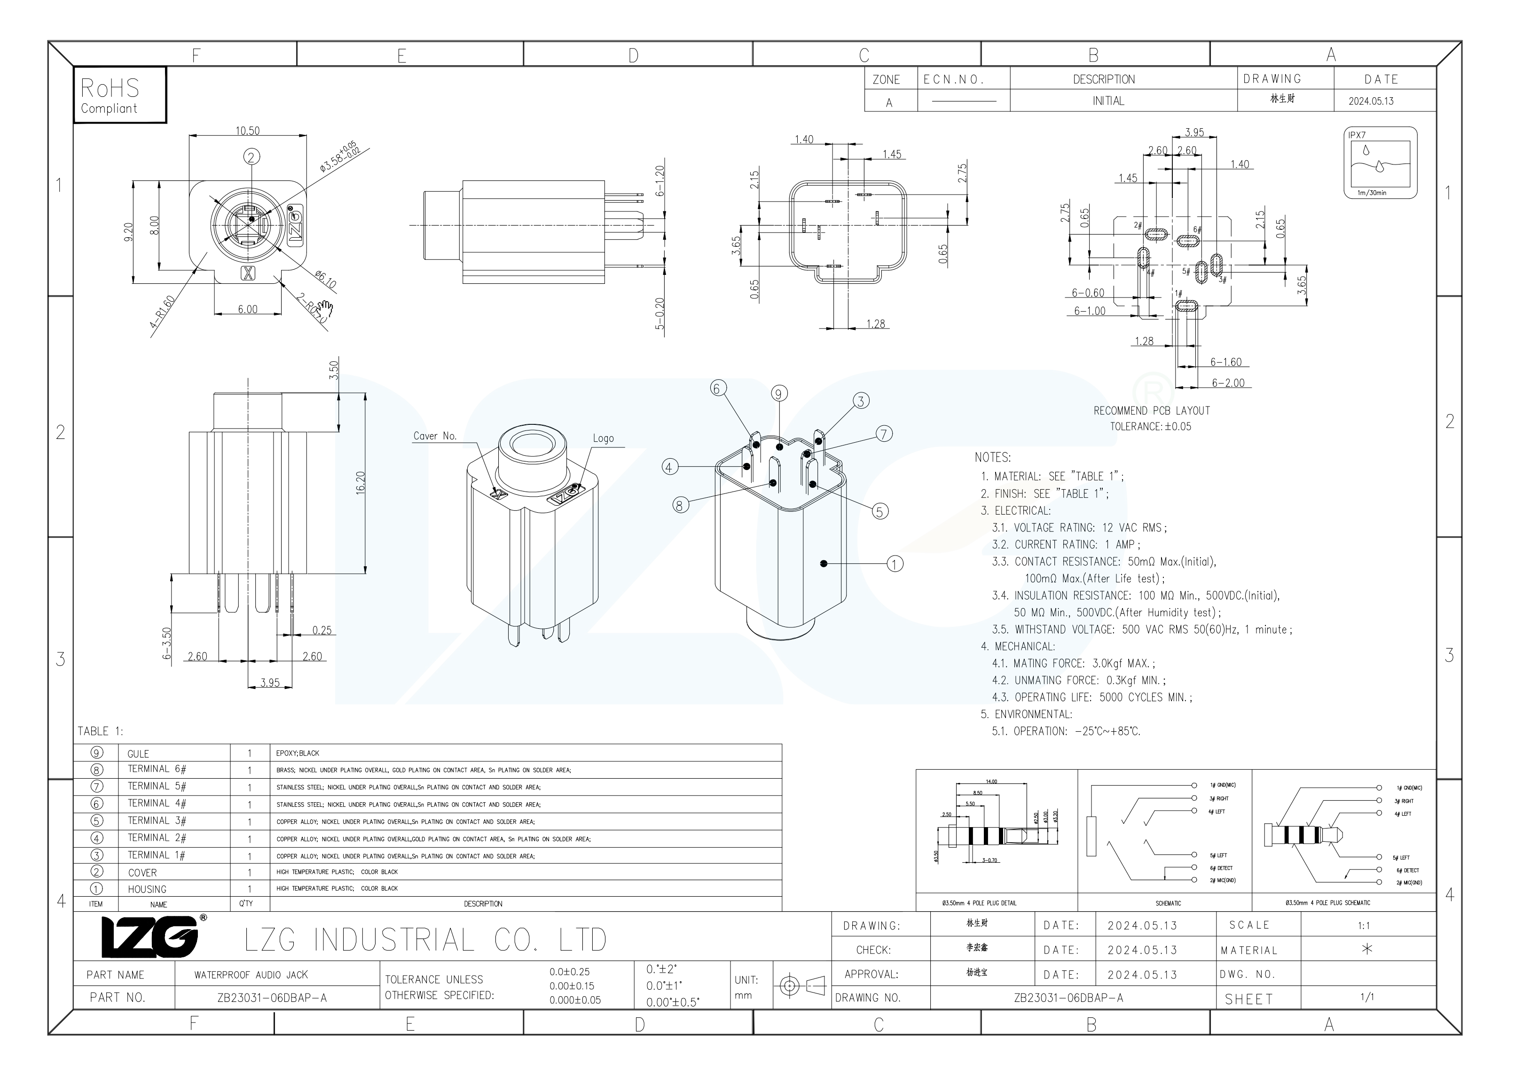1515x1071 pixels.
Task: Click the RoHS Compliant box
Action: click(x=119, y=95)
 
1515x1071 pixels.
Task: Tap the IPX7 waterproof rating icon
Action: click(x=1381, y=162)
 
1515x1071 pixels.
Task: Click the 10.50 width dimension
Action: click(x=247, y=131)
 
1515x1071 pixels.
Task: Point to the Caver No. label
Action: click(x=434, y=436)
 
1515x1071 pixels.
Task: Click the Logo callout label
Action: click(x=603, y=438)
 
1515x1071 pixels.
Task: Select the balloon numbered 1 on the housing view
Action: click(x=895, y=564)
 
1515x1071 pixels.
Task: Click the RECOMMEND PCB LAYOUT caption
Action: click(x=1152, y=411)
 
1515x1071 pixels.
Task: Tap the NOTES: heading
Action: click(x=992, y=458)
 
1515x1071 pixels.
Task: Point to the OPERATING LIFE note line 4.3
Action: click(x=1091, y=697)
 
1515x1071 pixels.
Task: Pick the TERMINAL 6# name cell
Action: click(x=157, y=769)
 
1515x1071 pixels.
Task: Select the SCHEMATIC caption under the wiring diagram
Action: click(x=1168, y=903)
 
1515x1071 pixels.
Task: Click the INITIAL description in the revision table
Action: click(x=1108, y=101)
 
